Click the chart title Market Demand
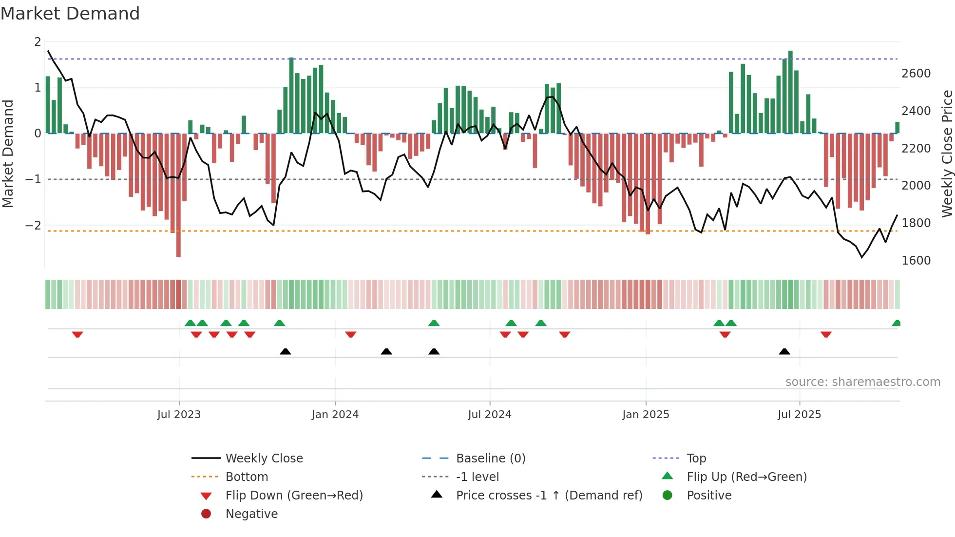(70, 14)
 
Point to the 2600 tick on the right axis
(916, 74)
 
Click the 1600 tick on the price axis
(916, 261)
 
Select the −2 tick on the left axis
(34, 225)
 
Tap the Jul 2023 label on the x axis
(179, 415)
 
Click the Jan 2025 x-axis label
(646, 415)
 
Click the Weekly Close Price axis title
(946, 153)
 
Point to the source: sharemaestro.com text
(862, 382)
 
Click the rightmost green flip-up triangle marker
(896, 323)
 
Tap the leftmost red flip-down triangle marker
(77, 334)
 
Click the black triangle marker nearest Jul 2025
(784, 351)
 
